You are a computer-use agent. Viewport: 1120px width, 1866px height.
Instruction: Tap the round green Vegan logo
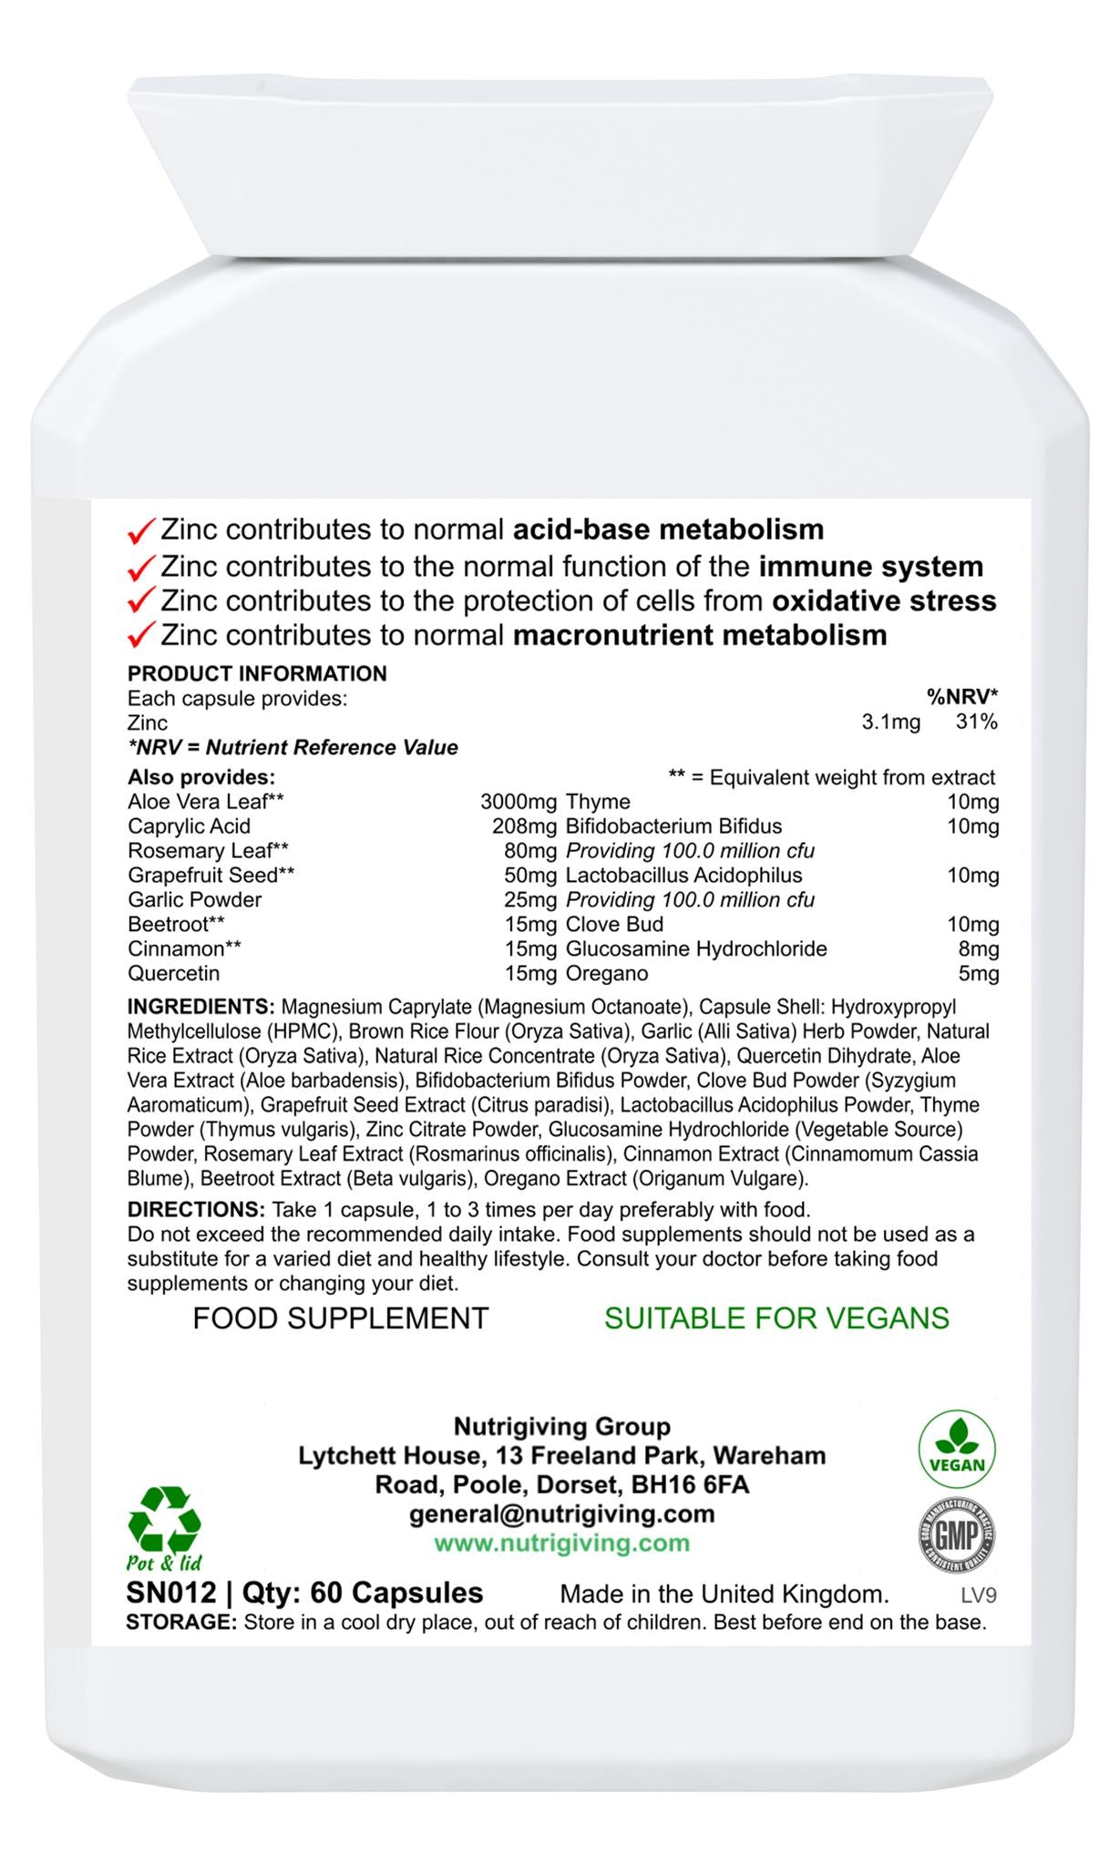pyautogui.click(x=957, y=1449)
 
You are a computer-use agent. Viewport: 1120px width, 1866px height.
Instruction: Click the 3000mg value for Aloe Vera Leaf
pyautogui.click(x=518, y=802)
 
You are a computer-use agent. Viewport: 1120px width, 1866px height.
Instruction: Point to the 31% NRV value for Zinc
pyautogui.click(x=976, y=723)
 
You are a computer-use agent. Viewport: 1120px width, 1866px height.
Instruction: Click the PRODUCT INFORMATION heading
pyautogui.click(x=257, y=673)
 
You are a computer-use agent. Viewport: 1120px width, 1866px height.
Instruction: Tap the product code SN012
pyautogui.click(x=171, y=1593)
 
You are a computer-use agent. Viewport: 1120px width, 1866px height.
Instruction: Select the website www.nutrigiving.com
pyautogui.click(x=561, y=1543)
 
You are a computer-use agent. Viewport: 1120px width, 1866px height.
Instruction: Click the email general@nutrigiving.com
pyautogui.click(x=561, y=1514)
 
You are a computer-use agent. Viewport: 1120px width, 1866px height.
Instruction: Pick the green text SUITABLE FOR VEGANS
pyautogui.click(x=776, y=1318)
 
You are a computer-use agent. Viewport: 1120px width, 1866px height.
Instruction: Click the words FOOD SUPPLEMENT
pyautogui.click(x=340, y=1318)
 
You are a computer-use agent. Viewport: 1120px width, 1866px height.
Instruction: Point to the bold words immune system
pyautogui.click(x=870, y=567)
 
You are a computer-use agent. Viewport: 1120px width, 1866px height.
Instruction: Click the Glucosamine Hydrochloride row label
pyautogui.click(x=696, y=948)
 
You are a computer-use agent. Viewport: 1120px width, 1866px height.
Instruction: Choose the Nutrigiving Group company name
pyautogui.click(x=561, y=1427)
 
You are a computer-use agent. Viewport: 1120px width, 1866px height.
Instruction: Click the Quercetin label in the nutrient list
pyautogui.click(x=174, y=973)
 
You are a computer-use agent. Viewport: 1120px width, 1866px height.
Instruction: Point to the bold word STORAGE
pyautogui.click(x=181, y=1623)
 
